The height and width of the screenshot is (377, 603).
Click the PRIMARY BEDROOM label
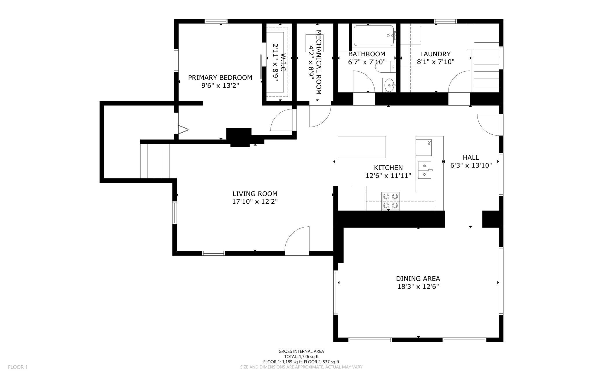pos(220,77)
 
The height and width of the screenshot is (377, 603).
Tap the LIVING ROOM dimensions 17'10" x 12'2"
pos(255,201)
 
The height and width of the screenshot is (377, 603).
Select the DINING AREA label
pos(418,279)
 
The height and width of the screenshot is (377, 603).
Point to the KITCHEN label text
pos(388,167)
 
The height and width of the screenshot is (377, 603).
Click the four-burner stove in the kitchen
pos(390,201)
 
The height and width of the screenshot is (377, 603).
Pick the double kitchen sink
pos(425,170)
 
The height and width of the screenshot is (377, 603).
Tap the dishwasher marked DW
pos(424,147)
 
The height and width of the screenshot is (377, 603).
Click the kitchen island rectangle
pos(362,147)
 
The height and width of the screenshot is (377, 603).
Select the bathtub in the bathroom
pos(374,36)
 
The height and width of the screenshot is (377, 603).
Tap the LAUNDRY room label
pos(435,54)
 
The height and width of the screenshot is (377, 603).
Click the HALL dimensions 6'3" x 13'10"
pos(471,165)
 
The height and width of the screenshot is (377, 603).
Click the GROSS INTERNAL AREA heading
pos(301,351)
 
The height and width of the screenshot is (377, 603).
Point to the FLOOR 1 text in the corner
pos(18,367)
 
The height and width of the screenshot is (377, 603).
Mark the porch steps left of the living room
pos(155,161)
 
